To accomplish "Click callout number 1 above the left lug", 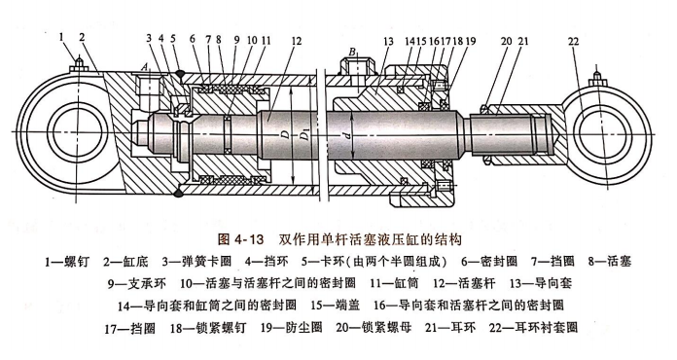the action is [61, 37].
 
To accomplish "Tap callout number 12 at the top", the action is [296, 41].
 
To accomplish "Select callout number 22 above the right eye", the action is [573, 42].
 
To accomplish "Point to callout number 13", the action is [388, 42].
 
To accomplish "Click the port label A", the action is [145, 66].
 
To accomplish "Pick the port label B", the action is [352, 53].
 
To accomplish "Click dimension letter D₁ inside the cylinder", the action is [304, 137].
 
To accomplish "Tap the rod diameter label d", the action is [346, 135].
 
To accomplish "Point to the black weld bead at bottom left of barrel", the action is [177, 192].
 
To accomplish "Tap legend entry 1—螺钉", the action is [67, 262].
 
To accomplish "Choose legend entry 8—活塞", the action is [610, 261].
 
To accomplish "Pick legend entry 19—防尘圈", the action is [292, 328].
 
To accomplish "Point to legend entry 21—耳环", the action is [450, 328].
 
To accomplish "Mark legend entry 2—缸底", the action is [125, 262].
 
